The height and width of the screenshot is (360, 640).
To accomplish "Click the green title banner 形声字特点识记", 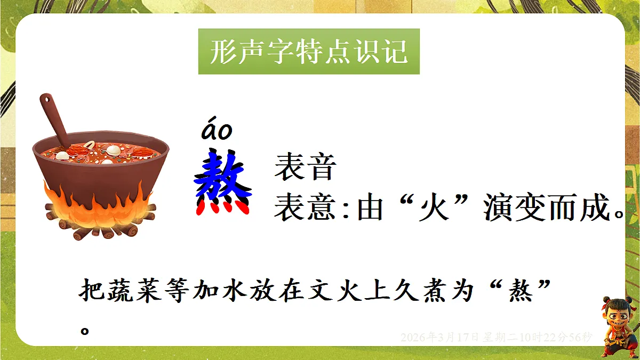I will pos(309,52).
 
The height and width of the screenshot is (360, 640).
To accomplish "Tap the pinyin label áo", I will pos(217,131).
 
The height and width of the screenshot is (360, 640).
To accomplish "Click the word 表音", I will pos(305,167).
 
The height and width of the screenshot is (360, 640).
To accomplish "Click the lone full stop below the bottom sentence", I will pos(84,329).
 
